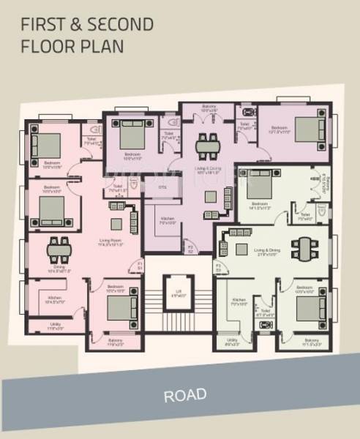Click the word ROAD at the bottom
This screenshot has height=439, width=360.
184,396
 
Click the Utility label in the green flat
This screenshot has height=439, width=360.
232,340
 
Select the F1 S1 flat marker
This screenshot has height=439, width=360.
140,266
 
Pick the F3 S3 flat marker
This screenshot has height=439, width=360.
217,267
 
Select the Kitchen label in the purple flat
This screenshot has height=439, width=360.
167,221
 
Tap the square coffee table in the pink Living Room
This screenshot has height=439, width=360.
116,224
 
